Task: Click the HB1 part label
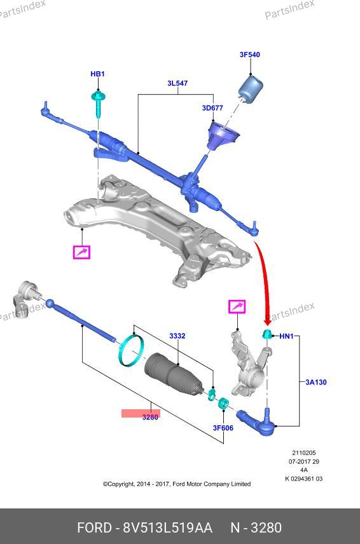coord(97,74)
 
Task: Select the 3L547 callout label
coord(177,83)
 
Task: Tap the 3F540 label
coord(249,55)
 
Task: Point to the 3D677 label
coord(212,108)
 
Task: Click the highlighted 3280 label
coord(150,417)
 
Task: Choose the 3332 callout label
coord(177,336)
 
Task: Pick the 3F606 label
coord(223,428)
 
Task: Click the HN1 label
coord(286,336)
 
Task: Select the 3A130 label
coord(316,382)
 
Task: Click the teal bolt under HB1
coord(98,104)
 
